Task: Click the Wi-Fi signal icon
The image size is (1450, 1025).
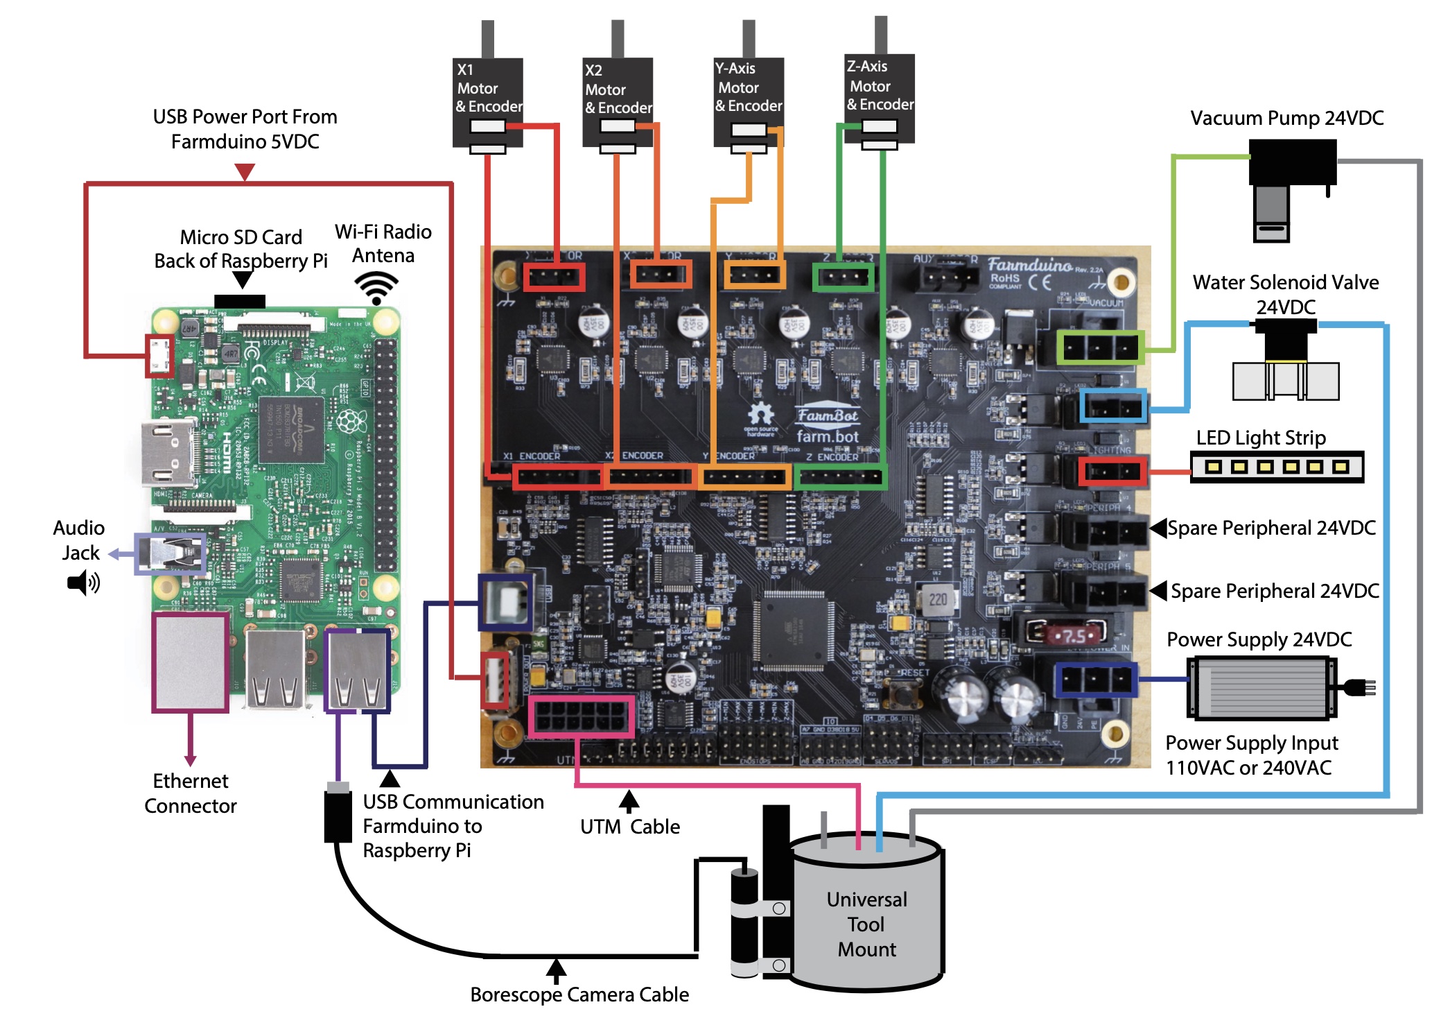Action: pyautogui.click(x=376, y=287)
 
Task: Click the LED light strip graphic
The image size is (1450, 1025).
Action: pyautogui.click(x=1277, y=467)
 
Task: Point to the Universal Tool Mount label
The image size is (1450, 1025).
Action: pyautogui.click(x=866, y=924)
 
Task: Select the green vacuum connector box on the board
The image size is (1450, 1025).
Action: pyautogui.click(x=1100, y=347)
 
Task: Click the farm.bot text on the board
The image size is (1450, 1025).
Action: pyautogui.click(x=828, y=436)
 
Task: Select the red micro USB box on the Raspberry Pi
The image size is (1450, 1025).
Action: pyautogui.click(x=159, y=355)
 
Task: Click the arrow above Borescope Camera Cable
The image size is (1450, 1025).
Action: pyautogui.click(x=556, y=970)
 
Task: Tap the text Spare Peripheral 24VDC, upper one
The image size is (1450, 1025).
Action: pyautogui.click(x=1271, y=528)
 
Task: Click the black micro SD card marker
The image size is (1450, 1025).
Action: pyautogui.click(x=239, y=302)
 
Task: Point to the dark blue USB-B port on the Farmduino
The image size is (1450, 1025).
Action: pyautogui.click(x=506, y=601)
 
